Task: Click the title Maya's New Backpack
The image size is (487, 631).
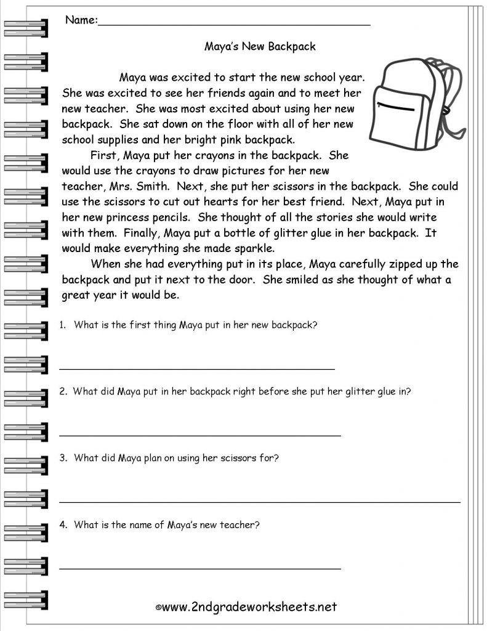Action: pos(259,46)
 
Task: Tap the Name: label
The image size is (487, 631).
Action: pos(81,20)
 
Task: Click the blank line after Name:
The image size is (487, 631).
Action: pos(234,23)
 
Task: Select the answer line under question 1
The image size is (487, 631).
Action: pos(197,368)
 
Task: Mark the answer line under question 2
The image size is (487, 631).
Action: pos(200,435)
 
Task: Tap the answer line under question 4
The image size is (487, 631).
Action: pos(200,568)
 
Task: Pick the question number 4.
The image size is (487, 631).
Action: pos(63,525)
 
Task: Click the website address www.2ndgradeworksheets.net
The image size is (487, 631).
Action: pos(249,607)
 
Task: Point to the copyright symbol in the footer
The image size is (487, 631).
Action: pos(158,608)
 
